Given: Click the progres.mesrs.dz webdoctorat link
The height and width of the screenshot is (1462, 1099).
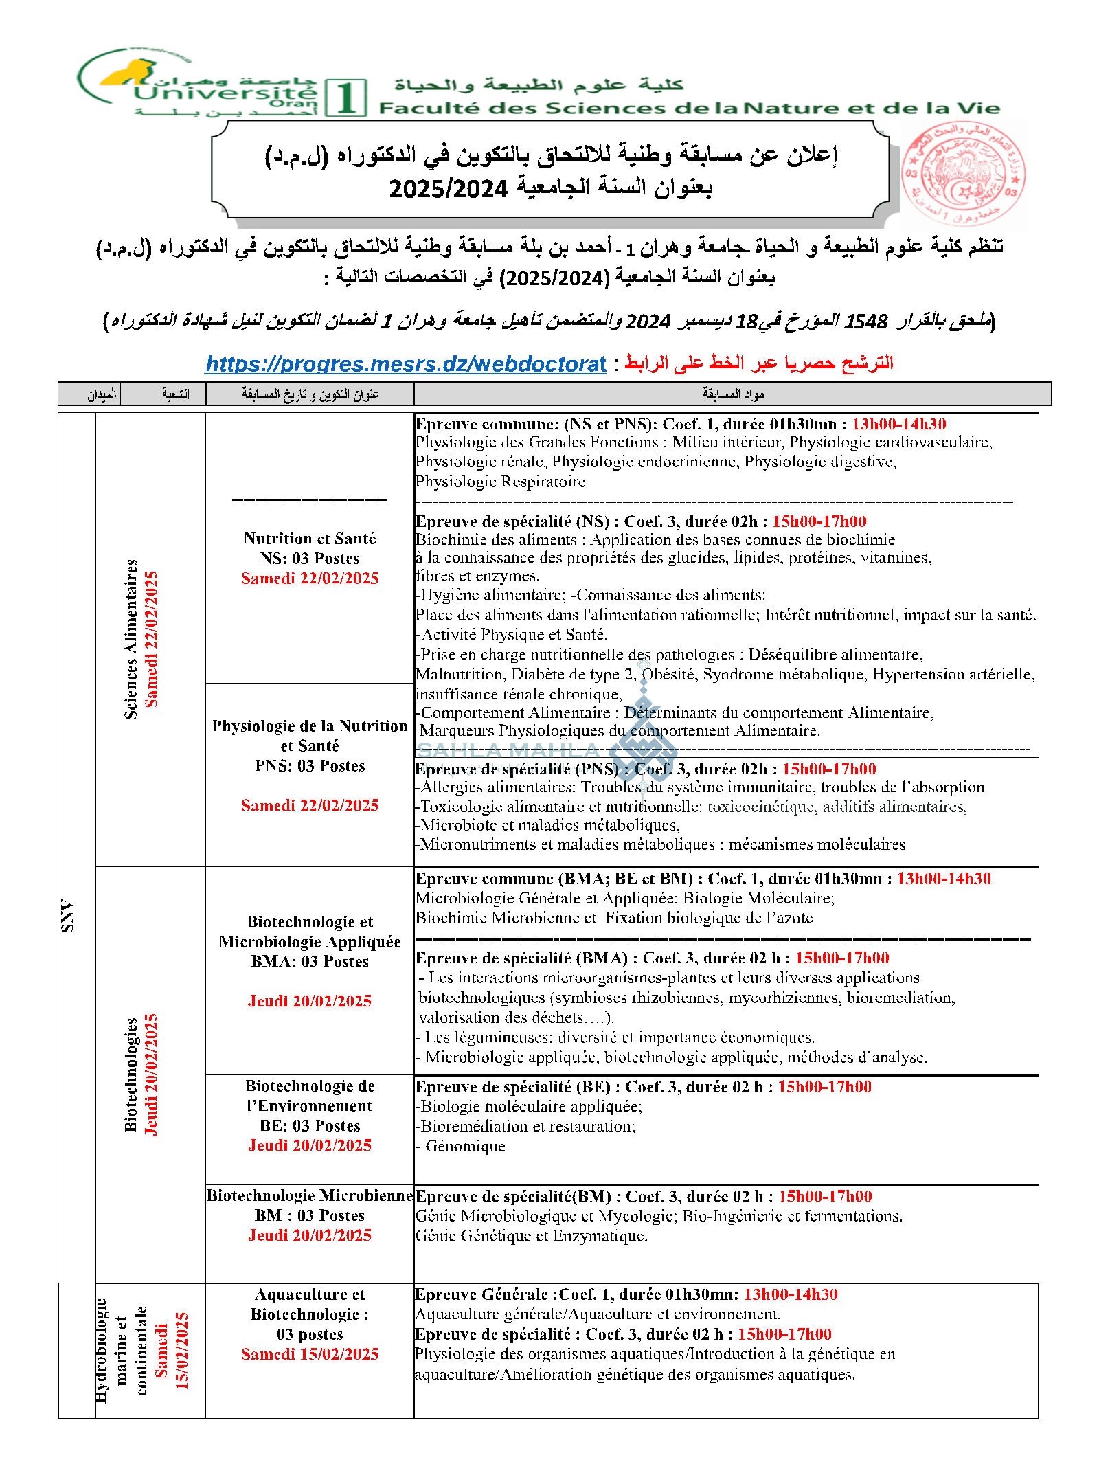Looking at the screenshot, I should click(x=406, y=363).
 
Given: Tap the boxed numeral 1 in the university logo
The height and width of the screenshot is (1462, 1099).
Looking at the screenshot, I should click(x=346, y=98).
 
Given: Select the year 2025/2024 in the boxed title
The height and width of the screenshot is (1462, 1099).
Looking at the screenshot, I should click(x=448, y=188).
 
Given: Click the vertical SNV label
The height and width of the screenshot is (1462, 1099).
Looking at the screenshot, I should click(x=67, y=915).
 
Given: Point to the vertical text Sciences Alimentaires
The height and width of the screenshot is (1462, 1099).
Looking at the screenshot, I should click(x=131, y=639).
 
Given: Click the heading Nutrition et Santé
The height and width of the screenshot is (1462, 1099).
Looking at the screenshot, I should click(x=310, y=538).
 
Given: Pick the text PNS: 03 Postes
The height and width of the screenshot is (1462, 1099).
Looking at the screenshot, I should click(x=310, y=765).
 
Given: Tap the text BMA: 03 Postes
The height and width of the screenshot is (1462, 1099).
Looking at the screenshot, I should click(x=310, y=961).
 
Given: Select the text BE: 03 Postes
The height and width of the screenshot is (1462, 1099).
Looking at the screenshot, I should click(x=310, y=1125).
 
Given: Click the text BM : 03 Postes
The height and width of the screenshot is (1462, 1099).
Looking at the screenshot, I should click(x=310, y=1215).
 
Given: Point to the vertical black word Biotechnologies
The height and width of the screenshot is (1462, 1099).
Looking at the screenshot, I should click(x=131, y=1075).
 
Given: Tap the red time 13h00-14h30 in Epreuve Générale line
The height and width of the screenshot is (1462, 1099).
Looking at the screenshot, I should click(x=791, y=1294).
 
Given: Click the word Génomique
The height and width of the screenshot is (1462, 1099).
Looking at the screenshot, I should click(x=465, y=1146).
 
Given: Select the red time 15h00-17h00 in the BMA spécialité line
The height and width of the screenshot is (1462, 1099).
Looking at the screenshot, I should click(x=842, y=958).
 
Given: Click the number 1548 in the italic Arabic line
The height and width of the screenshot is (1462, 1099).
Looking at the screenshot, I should click(x=865, y=321).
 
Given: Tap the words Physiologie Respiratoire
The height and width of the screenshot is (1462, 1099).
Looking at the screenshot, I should click(x=500, y=482).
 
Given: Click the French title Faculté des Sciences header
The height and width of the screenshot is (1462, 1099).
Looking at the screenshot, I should click(x=689, y=108).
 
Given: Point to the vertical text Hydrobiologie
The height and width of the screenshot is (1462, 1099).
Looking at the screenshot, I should click(x=102, y=1350).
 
